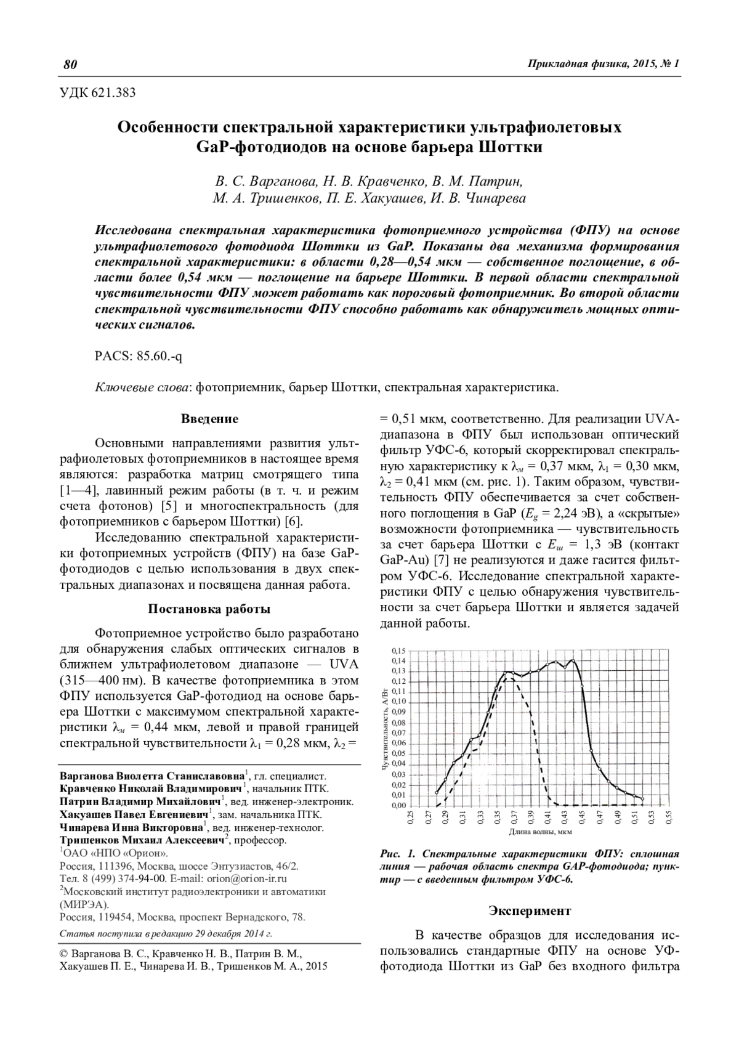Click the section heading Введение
pos(209,419)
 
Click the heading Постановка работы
pos(209,609)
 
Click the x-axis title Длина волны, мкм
pos(540,832)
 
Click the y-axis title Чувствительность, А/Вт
pos(385,729)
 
